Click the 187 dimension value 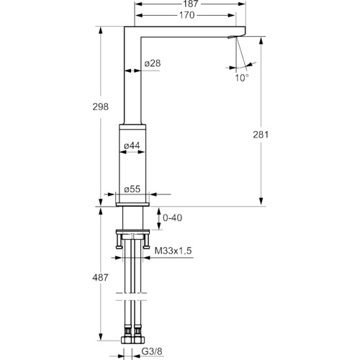(x=191, y=4)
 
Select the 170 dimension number (x=186, y=15)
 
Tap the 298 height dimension (x=101, y=107)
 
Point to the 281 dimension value (x=261, y=135)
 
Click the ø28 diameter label (x=153, y=63)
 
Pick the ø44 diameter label (x=132, y=145)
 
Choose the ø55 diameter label (x=132, y=189)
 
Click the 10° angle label (x=242, y=78)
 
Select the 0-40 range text (x=172, y=218)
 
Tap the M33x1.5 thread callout (x=173, y=251)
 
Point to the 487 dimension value (x=100, y=278)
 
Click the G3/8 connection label (x=152, y=351)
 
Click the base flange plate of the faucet (x=132, y=204)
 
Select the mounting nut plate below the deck (x=132, y=232)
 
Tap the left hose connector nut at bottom (x=127, y=340)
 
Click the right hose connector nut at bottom (x=139, y=340)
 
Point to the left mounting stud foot (x=119, y=247)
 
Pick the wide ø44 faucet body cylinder (x=132, y=163)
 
